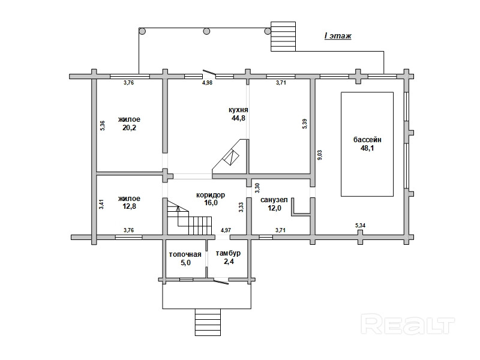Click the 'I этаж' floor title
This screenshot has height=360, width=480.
(x=338, y=36)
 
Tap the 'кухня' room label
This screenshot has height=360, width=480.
(x=238, y=110)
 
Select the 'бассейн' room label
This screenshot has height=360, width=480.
(x=367, y=140)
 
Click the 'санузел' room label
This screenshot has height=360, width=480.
(x=274, y=200)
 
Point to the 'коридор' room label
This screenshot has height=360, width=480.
(x=211, y=195)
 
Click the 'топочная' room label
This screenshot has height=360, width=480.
(x=185, y=254)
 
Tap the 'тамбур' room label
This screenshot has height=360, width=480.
(x=228, y=253)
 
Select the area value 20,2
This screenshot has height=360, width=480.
(x=129, y=128)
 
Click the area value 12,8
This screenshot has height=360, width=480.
(x=129, y=206)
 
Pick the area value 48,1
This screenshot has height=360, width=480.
(x=367, y=148)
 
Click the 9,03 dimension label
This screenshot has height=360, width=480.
(x=319, y=155)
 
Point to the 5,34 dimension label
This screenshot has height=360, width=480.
(x=361, y=226)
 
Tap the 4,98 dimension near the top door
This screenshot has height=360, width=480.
(x=207, y=82)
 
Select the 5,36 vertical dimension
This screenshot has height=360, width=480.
(x=103, y=126)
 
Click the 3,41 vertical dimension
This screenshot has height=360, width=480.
(x=101, y=204)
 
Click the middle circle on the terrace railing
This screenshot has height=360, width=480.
(x=206, y=31)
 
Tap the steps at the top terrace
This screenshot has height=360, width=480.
(x=283, y=37)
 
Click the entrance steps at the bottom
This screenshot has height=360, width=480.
(x=208, y=322)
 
